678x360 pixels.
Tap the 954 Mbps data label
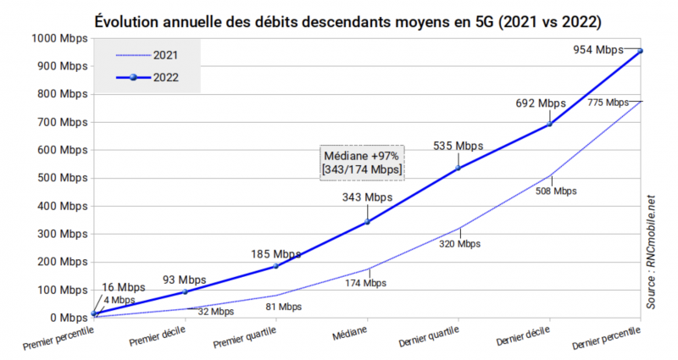click(x=598, y=50)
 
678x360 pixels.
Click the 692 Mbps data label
click(x=540, y=103)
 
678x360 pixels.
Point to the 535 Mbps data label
click(x=458, y=146)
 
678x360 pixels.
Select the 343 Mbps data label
click(x=368, y=198)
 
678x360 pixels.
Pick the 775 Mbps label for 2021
click(x=608, y=102)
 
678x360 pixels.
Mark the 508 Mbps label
click(x=556, y=191)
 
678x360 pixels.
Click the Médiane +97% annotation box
click(x=362, y=163)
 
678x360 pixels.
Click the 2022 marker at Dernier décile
click(x=550, y=124)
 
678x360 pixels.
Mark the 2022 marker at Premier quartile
click(x=276, y=266)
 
